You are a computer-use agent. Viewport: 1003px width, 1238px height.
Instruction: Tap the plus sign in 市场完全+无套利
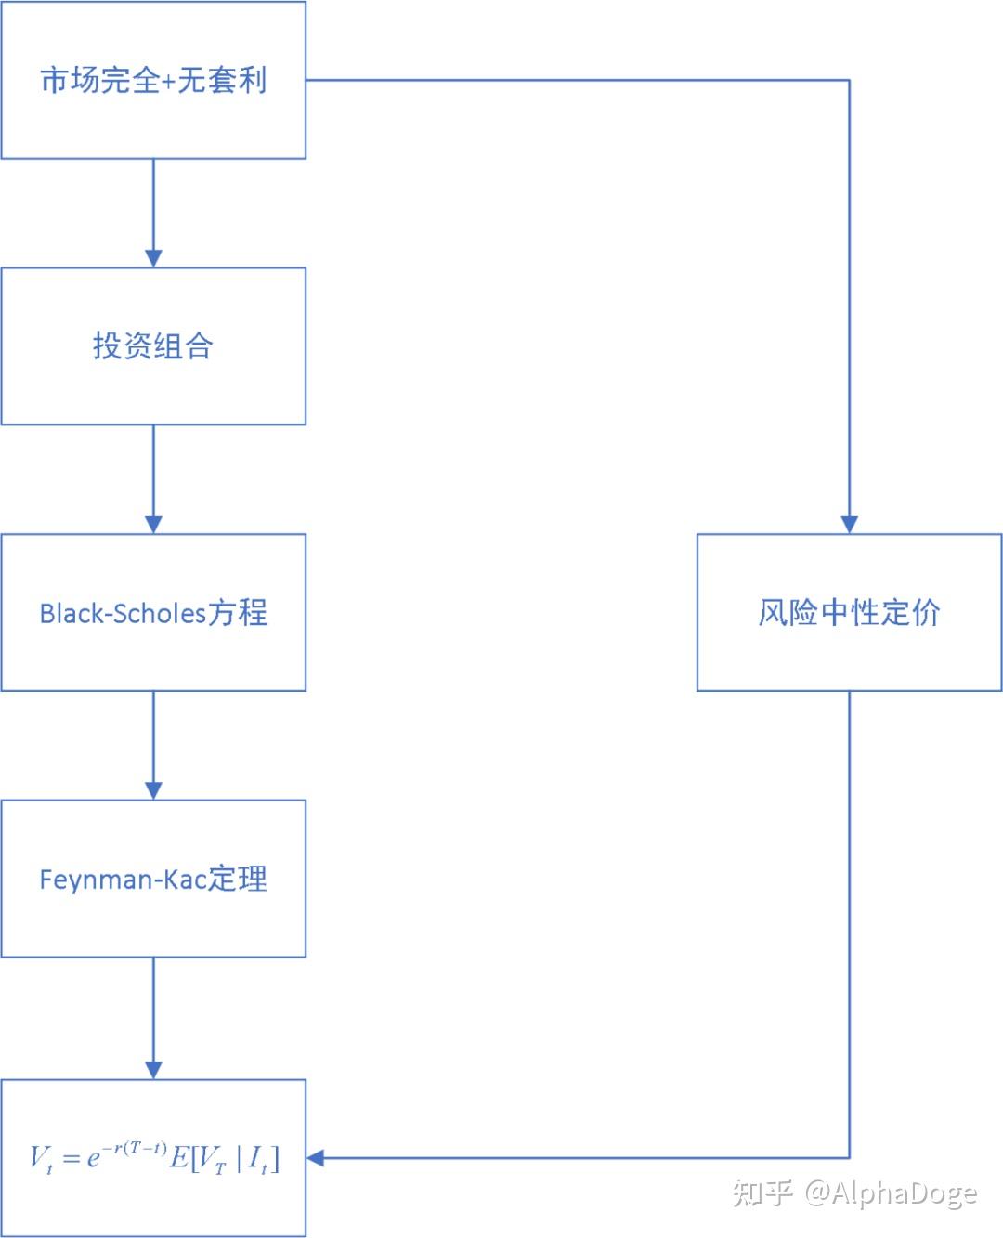pyautogui.click(x=168, y=82)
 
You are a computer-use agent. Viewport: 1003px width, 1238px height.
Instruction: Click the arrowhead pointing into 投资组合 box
pyautogui.click(x=153, y=258)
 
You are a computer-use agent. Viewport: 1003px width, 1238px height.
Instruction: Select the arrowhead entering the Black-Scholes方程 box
pyautogui.click(x=153, y=525)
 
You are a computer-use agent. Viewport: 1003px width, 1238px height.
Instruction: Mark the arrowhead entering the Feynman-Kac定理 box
pyautogui.click(x=153, y=791)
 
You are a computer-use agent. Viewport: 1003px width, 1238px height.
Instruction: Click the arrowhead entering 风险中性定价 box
pyautogui.click(x=849, y=525)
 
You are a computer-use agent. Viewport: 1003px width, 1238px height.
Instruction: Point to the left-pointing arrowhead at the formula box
pyautogui.click(x=315, y=1158)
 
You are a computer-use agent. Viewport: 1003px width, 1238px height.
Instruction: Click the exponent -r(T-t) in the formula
pyautogui.click(x=135, y=1148)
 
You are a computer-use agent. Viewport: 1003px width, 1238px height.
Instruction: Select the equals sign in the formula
pyautogui.click(x=71, y=1158)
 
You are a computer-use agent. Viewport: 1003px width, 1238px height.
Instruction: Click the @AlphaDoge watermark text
pyautogui.click(x=891, y=1194)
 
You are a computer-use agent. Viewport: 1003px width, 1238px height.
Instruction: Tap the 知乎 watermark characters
pyautogui.click(x=762, y=1193)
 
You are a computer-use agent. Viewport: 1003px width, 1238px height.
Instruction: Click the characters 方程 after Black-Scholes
pyautogui.click(x=238, y=613)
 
